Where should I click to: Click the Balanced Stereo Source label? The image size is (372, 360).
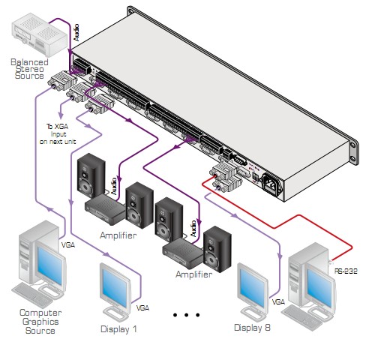(x=29, y=69)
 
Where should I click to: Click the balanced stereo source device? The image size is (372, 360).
(x=39, y=34)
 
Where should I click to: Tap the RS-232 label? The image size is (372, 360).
(x=346, y=271)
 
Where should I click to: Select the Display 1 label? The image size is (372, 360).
(x=118, y=329)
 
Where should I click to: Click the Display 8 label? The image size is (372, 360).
(x=252, y=328)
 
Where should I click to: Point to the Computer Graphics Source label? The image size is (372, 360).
(x=40, y=322)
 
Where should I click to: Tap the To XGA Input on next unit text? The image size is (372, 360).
(x=58, y=134)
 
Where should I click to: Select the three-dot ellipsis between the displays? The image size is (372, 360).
(x=186, y=315)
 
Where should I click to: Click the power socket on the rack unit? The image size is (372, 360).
(x=272, y=184)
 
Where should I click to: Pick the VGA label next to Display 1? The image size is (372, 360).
(x=142, y=308)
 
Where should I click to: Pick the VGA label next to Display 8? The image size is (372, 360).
(x=278, y=302)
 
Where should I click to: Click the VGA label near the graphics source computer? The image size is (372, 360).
(x=68, y=245)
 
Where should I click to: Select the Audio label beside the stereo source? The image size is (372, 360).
(x=76, y=32)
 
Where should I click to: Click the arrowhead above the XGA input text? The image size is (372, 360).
(x=61, y=115)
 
